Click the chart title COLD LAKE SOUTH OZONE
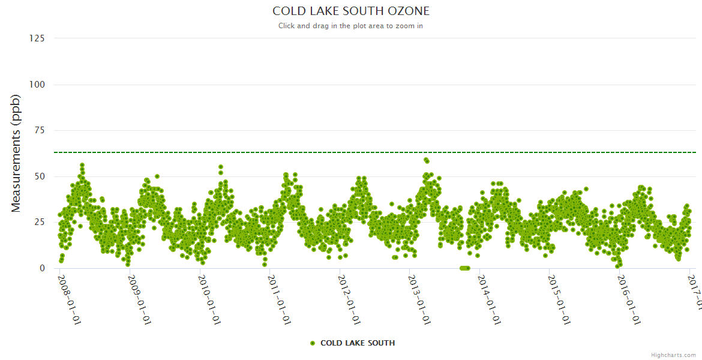351,11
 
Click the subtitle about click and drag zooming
351,26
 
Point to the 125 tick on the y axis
37,38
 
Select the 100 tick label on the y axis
37,85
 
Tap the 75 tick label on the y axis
40,130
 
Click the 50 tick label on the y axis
40,176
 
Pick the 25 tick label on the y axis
40,223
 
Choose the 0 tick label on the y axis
42,268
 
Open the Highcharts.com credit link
673,355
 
